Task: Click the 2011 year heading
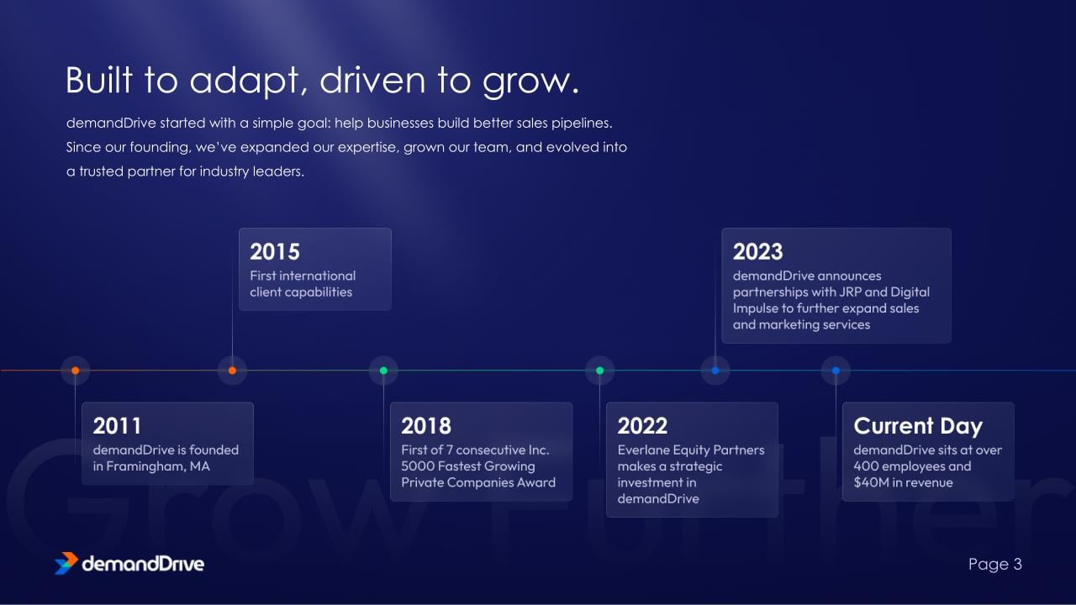point(117,426)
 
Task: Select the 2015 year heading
point(275,251)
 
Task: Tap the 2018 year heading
point(426,426)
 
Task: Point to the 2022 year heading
point(642,426)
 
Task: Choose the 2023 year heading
point(757,251)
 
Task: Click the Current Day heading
point(918,426)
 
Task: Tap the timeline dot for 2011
point(76,371)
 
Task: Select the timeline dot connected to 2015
point(233,371)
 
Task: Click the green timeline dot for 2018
point(383,371)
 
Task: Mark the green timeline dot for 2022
point(600,371)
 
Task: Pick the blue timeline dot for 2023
point(715,371)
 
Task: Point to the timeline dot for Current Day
point(836,371)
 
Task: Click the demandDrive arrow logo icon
point(66,563)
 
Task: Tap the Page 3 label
point(994,564)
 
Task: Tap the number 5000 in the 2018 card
point(418,466)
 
